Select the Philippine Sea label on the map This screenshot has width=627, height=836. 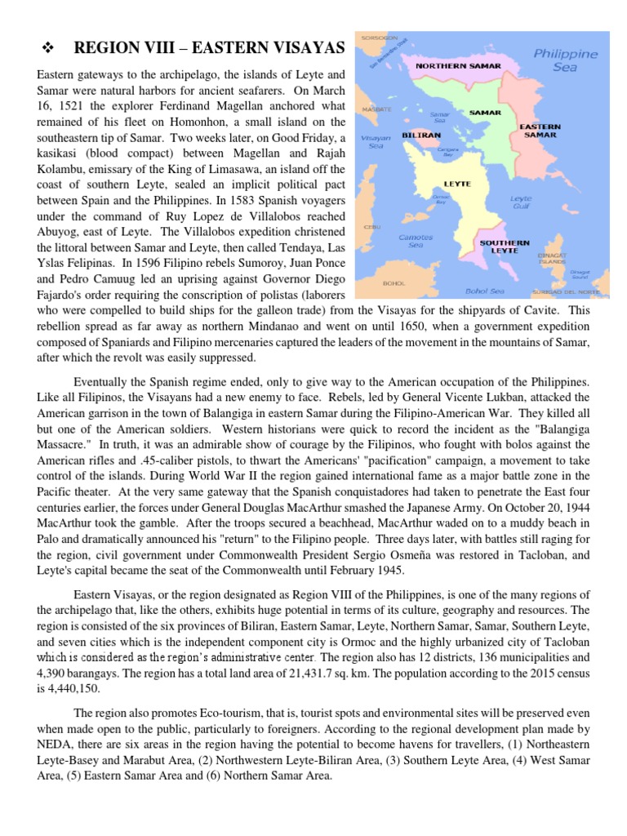pyautogui.click(x=576, y=61)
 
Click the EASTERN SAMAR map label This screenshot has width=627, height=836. pyautogui.click(x=540, y=131)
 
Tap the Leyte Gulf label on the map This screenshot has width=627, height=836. pyautogui.click(x=521, y=202)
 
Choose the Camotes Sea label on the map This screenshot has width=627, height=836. pyautogui.click(x=415, y=241)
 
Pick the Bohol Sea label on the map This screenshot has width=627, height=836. pyautogui.click(x=484, y=290)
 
